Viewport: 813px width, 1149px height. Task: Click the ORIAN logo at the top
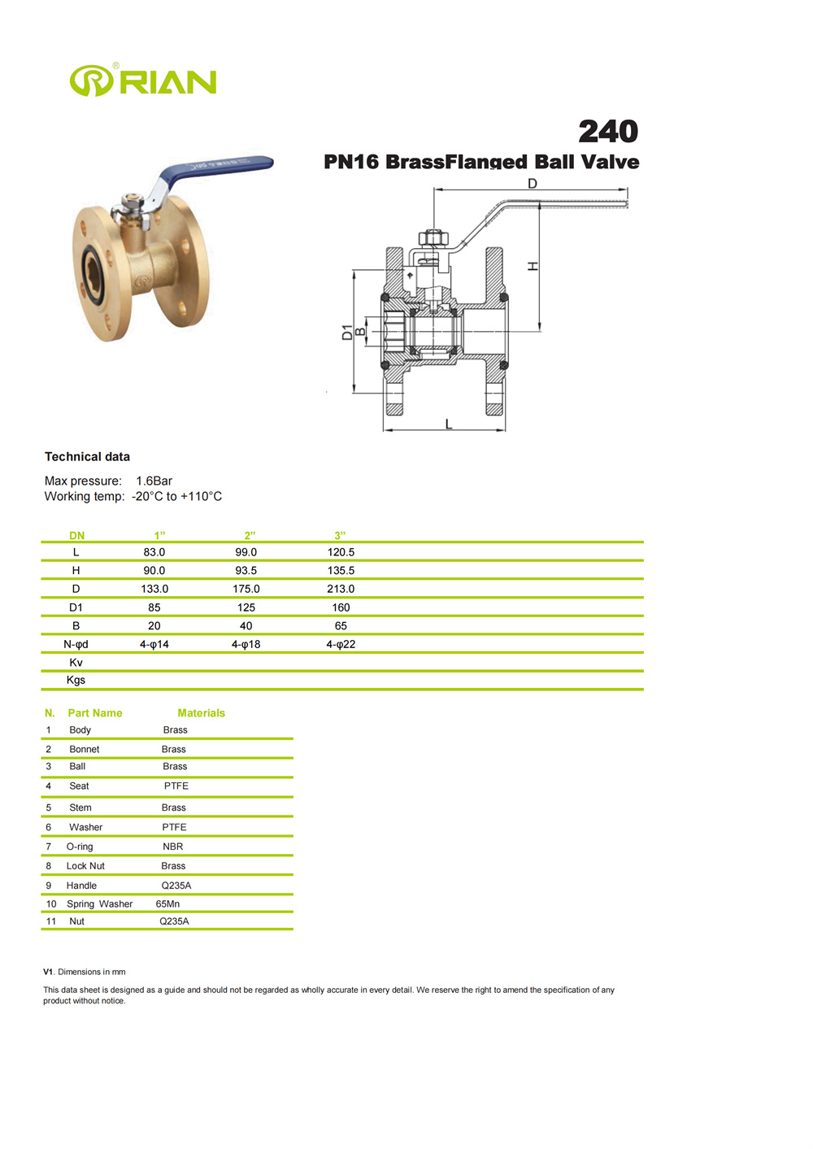pos(143,81)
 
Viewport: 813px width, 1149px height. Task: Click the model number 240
pos(608,132)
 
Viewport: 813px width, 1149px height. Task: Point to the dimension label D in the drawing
pos(533,184)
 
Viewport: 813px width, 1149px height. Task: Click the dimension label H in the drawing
pos(533,266)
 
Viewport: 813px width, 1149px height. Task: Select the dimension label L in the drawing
pos(448,424)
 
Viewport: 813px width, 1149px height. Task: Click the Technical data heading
pos(87,457)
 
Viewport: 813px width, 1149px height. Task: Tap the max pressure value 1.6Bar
pos(154,481)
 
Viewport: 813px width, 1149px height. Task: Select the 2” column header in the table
pos(250,535)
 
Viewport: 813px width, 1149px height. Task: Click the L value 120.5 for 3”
pos(341,552)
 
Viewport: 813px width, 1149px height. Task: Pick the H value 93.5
pos(246,571)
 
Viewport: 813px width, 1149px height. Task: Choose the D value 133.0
pos(154,589)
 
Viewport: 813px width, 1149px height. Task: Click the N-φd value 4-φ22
pos(341,644)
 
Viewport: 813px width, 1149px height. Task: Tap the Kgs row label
pos(76,680)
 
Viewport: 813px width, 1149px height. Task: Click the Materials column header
pos(201,713)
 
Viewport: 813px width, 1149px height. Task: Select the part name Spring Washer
pos(99,903)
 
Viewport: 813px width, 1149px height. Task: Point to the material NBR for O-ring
pos(173,847)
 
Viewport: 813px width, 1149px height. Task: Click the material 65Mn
pos(167,903)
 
